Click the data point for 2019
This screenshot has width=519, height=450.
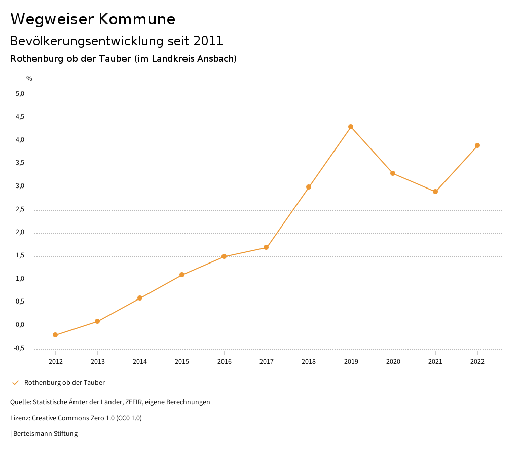351,127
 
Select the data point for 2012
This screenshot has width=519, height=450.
55,335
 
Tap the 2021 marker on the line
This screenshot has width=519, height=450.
435,192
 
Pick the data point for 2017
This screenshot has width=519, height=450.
266,247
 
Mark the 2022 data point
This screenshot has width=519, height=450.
477,145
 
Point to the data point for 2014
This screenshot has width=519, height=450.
140,298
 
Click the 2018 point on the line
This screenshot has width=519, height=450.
309,187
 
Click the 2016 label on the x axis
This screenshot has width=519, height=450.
225,361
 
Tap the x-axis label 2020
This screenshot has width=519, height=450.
393,361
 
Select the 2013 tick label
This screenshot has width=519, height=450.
98,361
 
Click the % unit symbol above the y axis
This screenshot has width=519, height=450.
29,79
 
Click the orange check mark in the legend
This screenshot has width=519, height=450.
15,382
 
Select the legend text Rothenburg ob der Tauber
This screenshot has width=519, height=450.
64,382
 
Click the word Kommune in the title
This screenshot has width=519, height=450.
137,19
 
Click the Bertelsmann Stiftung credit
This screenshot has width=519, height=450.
45,433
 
